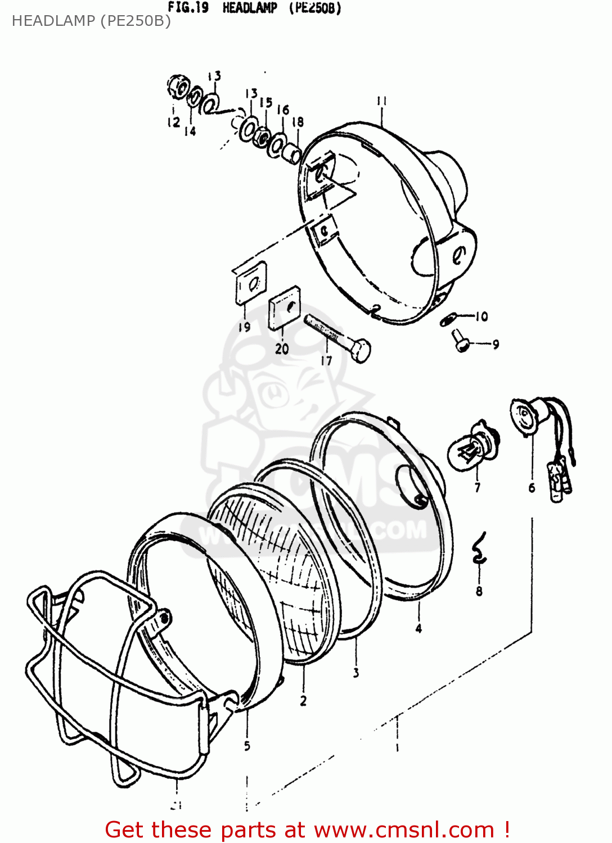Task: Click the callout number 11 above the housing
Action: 381,101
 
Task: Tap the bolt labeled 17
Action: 337,339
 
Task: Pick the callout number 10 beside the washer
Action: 481,316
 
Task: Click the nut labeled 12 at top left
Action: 178,87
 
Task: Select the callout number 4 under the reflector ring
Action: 418,628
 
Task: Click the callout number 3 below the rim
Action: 355,672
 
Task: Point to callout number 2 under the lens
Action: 303,700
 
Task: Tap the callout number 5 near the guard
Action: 247,746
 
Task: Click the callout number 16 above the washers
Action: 283,110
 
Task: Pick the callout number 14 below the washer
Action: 190,131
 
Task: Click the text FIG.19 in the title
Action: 188,8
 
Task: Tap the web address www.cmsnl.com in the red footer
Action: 403,830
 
